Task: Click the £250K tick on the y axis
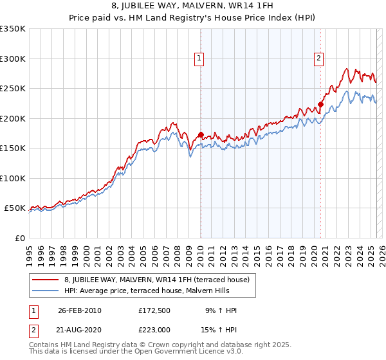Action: [13, 89]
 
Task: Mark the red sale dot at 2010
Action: [201, 135]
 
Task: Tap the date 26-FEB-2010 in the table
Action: [80, 311]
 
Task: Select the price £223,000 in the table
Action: [156, 328]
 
